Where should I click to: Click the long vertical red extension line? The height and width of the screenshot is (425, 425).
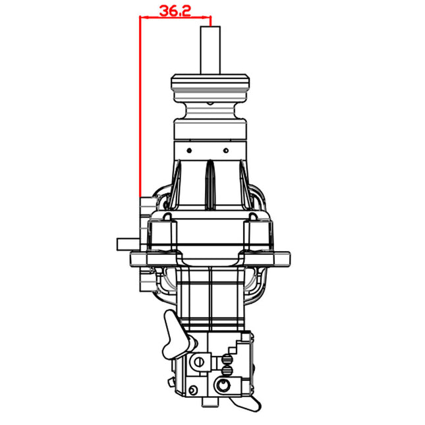point(140,105)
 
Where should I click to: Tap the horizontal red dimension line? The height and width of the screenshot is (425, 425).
point(175,18)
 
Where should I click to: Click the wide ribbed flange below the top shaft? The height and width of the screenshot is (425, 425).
point(210,84)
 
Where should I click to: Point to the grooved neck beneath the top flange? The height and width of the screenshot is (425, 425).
point(210,109)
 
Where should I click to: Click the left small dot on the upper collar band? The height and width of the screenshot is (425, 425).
point(189,150)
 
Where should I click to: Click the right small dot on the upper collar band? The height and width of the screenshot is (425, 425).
point(231,150)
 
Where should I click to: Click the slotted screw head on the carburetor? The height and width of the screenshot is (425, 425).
point(198,362)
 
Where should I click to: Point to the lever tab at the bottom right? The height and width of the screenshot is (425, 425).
point(247,403)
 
